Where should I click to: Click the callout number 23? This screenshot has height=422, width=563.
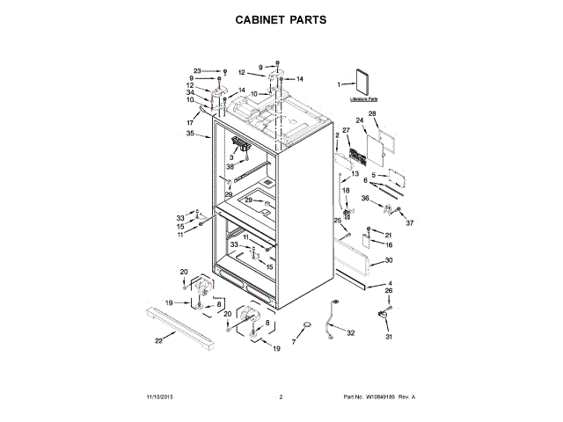coord(197,70)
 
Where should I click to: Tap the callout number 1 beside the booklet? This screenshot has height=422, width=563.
coord(340,84)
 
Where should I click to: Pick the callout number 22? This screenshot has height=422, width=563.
coord(158,340)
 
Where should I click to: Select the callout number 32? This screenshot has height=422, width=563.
coord(350,333)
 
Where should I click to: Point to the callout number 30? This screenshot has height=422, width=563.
coord(389,261)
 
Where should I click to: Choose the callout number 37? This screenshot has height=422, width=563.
coord(409,222)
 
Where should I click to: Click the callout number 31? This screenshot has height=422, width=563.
coord(388,336)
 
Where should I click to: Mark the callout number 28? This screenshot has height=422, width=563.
coord(372,114)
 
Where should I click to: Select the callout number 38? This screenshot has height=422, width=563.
coord(230,166)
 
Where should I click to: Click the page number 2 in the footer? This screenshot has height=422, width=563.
coord(280,397)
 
